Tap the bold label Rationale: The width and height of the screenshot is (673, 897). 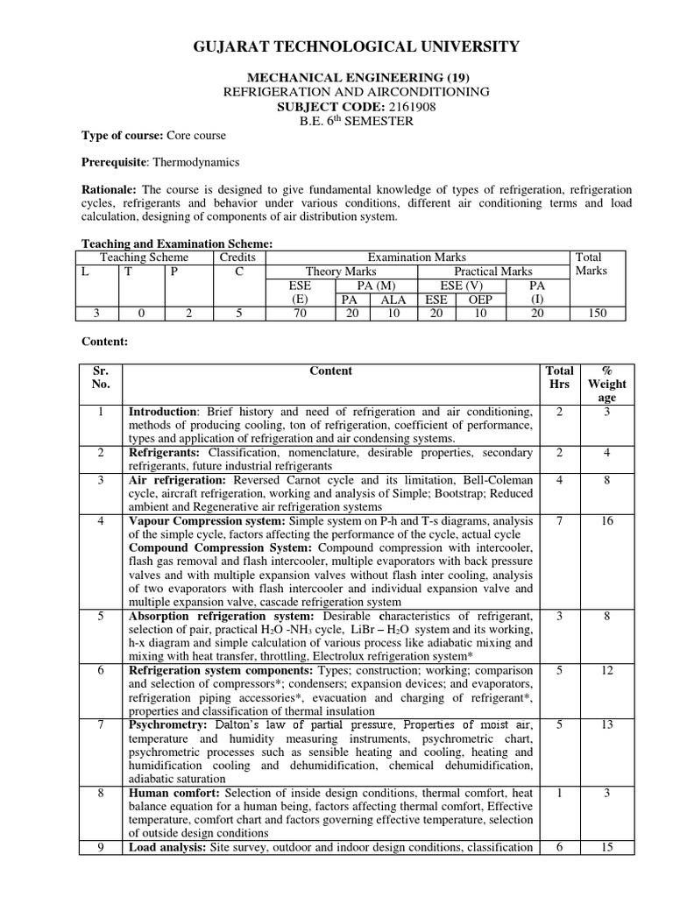[109, 189]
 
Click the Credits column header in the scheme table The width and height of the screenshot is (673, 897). [237, 258]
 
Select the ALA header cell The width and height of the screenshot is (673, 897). [393, 300]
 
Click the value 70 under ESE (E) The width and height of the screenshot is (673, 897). [299, 314]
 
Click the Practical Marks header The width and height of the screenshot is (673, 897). [492, 272]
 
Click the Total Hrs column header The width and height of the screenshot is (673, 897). [559, 377]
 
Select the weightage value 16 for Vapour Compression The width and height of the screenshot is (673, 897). [607, 521]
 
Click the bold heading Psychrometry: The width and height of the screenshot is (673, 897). [168, 724]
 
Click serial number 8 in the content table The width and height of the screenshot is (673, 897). [102, 793]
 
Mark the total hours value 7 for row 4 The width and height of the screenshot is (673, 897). [559, 521]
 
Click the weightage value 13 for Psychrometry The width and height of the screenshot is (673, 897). [607, 724]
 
